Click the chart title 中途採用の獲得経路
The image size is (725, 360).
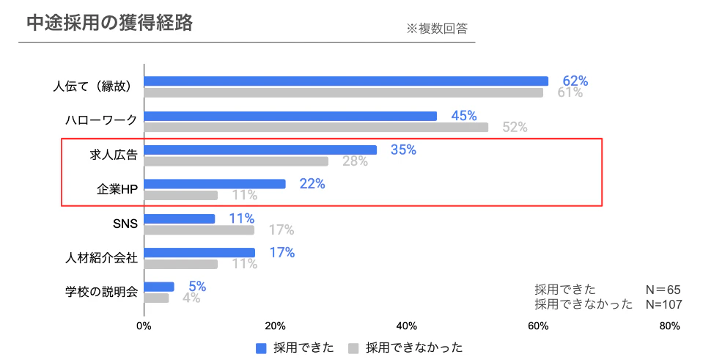[109, 23]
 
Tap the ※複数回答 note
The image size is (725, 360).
[436, 29]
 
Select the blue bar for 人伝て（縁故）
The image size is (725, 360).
[346, 81]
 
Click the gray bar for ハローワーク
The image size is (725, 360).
[316, 128]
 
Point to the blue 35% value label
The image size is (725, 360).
[403, 150]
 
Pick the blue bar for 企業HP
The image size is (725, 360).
[215, 184]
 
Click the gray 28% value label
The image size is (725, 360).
[355, 161]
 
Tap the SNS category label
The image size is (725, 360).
[125, 224]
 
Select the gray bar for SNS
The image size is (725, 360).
[199, 230]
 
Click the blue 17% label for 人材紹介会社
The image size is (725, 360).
[281, 253]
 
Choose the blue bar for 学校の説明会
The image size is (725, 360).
[159, 287]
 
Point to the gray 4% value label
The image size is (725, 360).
[191, 298]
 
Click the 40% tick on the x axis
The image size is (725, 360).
[406, 326]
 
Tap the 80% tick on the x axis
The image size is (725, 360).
[669, 326]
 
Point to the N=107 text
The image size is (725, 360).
[663, 304]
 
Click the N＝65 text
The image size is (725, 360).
[663, 290]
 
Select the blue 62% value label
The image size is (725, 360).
[575, 81]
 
